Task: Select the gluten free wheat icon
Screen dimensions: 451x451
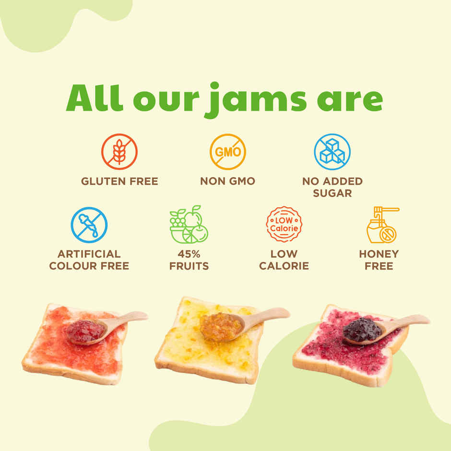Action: tap(119, 152)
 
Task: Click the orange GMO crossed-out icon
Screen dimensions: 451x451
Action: tap(227, 152)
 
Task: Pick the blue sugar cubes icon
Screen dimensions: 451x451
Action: tap(332, 152)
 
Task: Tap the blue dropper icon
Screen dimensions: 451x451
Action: tap(89, 225)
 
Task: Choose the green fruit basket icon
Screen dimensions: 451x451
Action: tap(189, 225)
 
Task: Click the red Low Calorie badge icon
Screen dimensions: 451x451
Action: tap(284, 224)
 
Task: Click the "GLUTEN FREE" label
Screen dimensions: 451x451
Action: tap(119, 181)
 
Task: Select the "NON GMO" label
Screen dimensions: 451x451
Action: tap(227, 181)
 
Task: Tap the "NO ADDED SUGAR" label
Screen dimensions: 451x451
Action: tap(332, 187)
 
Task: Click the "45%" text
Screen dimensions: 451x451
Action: tap(189, 254)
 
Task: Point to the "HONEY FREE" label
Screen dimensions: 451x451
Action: tap(379, 260)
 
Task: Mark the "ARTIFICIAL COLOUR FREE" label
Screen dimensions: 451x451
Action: tap(89, 260)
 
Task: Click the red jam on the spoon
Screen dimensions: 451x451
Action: tap(85, 331)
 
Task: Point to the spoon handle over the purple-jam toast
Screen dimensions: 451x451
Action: tap(408, 322)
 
